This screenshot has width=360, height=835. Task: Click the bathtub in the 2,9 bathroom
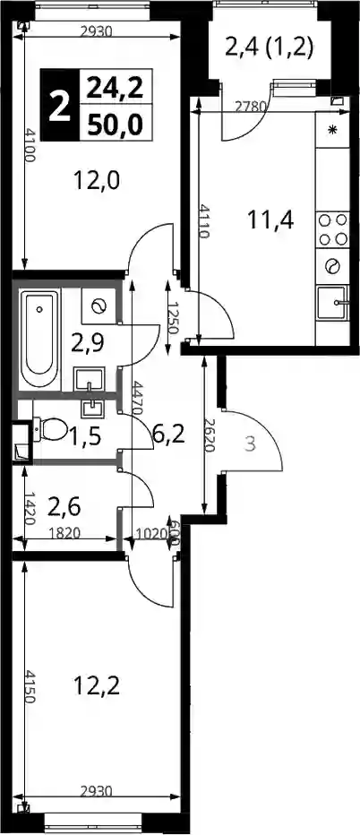coord(39,340)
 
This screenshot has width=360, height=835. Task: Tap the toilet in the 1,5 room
coord(49,428)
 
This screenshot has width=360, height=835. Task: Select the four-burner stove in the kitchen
coord(333,229)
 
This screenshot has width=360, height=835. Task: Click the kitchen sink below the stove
coord(333,303)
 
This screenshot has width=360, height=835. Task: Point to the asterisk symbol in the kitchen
coord(333,130)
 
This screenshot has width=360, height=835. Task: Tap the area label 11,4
coord(271,219)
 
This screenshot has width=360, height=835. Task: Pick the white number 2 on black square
coord(60,106)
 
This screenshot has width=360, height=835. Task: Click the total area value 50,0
coord(116,125)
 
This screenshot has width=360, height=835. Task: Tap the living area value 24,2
coord(116,87)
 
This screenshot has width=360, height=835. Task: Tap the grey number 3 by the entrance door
coord(250,444)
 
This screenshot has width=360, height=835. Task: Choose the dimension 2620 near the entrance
coord(210,435)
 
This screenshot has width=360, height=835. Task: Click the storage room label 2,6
coord(64,506)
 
